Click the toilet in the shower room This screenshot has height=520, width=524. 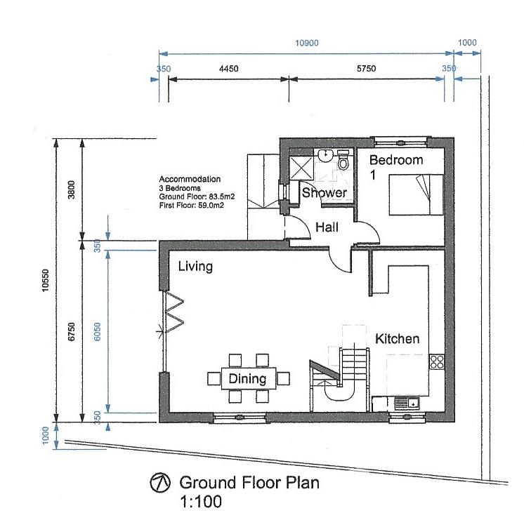click(x=343, y=160)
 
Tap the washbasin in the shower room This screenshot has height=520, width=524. click(x=325, y=155)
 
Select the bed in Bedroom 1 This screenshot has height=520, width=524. click(x=417, y=194)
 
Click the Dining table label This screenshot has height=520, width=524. click(x=247, y=379)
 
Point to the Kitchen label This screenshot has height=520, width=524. click(x=397, y=339)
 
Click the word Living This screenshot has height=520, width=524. click(x=195, y=267)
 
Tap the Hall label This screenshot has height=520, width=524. click(x=327, y=227)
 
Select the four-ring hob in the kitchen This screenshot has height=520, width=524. click(x=437, y=361)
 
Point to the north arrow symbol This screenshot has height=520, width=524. click(x=159, y=483)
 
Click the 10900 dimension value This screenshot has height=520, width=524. click(x=307, y=43)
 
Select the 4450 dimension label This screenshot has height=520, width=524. click(x=228, y=69)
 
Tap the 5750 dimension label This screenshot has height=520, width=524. click(x=366, y=69)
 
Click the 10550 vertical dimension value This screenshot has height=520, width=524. click(x=46, y=281)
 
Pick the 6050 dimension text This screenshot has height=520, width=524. click(x=97, y=332)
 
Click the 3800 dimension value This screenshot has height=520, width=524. click(x=72, y=189)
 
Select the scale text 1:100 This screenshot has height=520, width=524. click(x=201, y=502)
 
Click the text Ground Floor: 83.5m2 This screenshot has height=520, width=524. click(x=197, y=196)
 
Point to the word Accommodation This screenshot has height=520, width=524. click(x=190, y=179)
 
